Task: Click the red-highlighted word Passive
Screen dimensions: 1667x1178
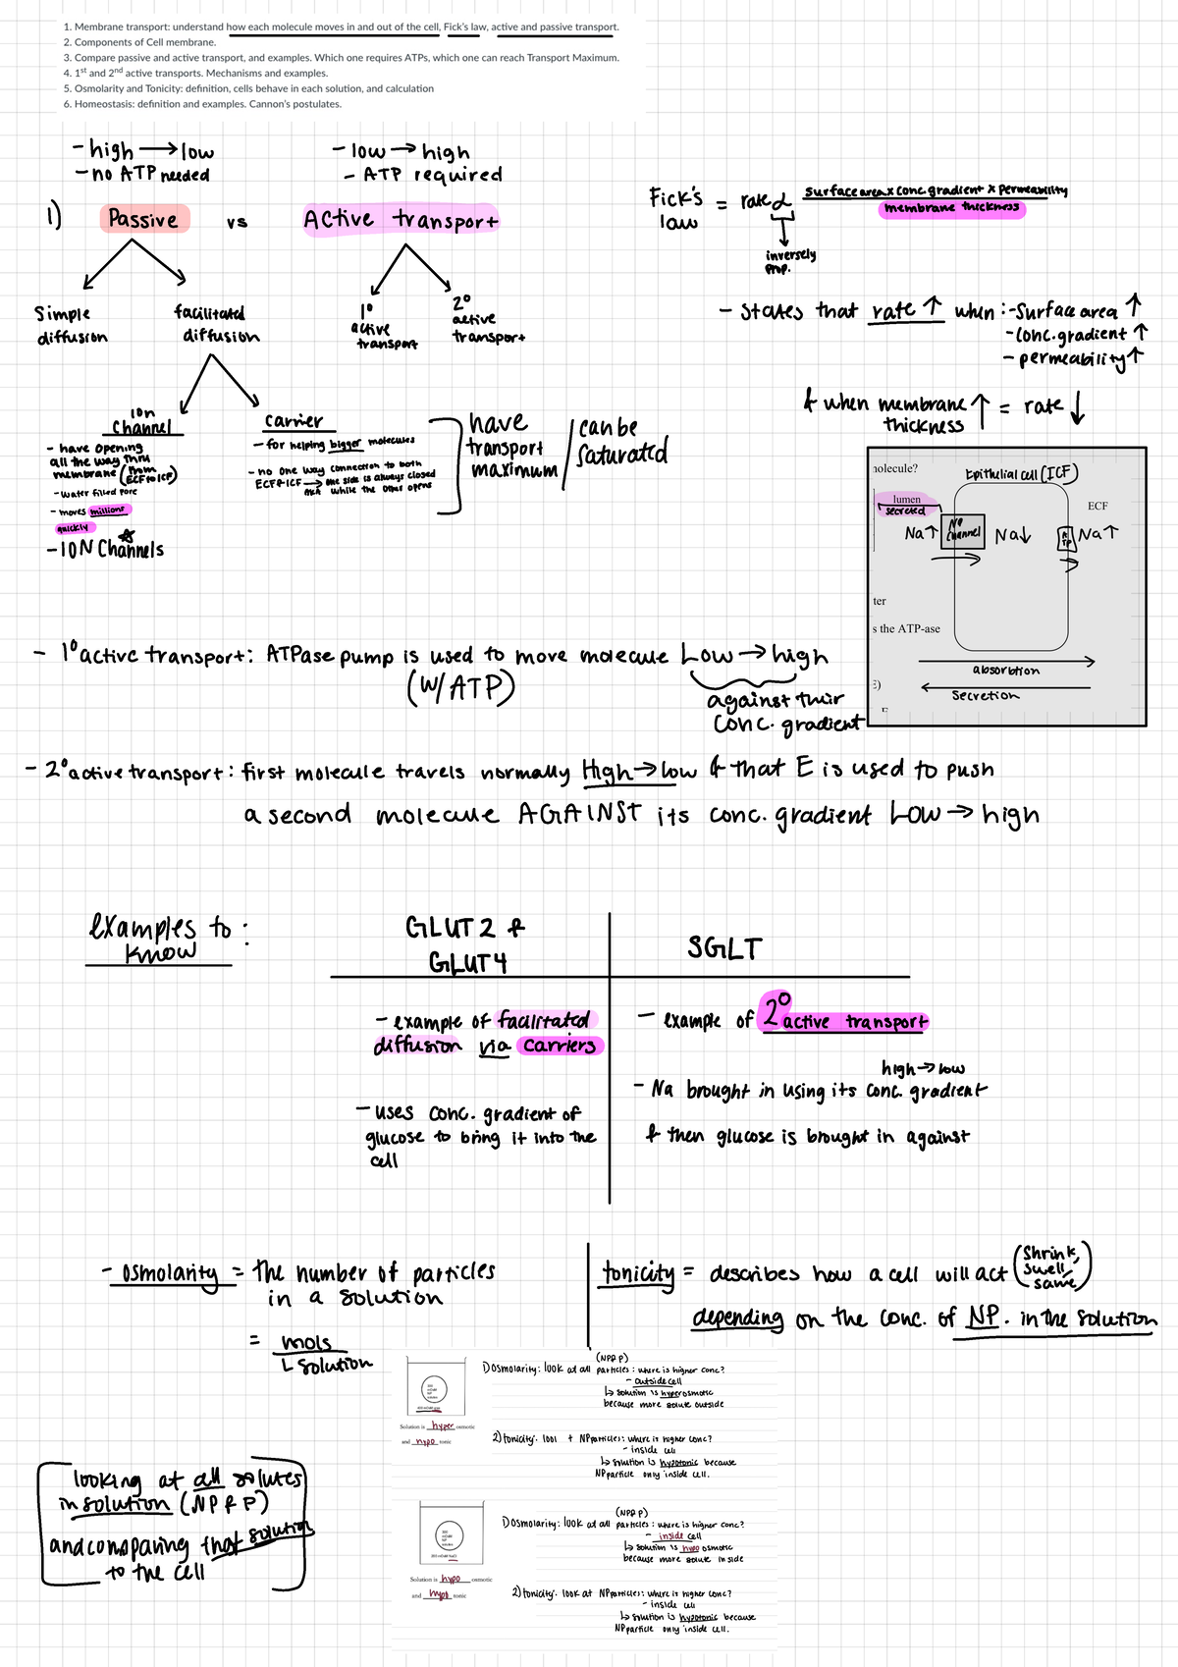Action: tap(143, 219)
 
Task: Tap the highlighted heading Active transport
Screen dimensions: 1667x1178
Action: tap(401, 219)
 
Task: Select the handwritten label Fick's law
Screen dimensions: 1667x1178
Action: tap(676, 208)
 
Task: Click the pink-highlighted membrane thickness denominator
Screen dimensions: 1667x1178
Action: tap(951, 208)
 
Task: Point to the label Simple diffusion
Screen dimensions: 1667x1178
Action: tap(70, 325)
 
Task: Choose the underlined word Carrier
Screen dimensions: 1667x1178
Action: tap(294, 421)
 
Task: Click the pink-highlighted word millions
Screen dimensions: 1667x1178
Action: tap(107, 511)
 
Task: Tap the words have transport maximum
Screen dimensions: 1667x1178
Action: tap(510, 447)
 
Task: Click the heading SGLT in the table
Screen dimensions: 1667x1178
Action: tap(724, 948)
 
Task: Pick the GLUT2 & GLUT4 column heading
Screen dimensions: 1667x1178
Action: tap(467, 944)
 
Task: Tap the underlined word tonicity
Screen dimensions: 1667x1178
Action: tap(638, 1273)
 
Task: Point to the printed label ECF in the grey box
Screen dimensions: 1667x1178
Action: tap(1097, 506)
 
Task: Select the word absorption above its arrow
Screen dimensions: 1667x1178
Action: tap(1005, 671)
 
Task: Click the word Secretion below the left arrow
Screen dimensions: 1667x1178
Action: tap(985, 696)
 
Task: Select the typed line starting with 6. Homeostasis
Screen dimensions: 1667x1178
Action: tap(202, 104)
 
